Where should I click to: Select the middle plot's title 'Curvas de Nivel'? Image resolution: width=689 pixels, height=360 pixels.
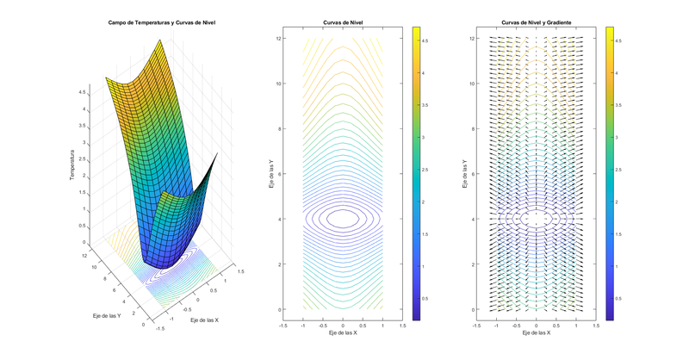pos(343,23)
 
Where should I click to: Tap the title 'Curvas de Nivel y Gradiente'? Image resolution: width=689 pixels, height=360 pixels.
pos(536,23)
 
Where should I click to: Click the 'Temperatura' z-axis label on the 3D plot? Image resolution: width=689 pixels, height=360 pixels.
pos(73,165)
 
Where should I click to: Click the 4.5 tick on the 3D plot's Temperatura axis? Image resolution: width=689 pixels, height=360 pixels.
pos(82,90)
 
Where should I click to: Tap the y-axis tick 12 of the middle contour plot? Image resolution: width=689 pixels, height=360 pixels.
pos(292,39)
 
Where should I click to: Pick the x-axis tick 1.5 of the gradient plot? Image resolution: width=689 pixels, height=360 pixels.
pos(596,325)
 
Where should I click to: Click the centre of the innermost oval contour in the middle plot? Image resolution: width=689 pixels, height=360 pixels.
pos(343,219)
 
